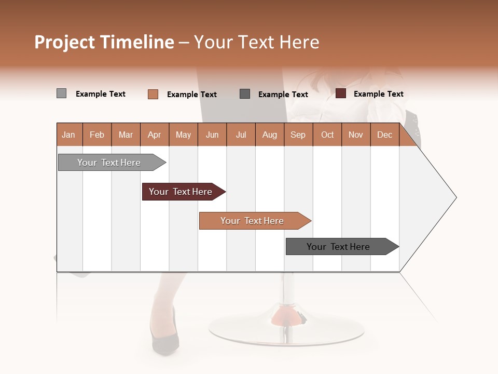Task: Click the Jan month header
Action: tap(68, 135)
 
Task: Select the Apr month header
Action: tap(154, 135)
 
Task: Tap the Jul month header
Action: tap(241, 135)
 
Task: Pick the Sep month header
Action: tap(298, 135)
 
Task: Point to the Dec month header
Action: tap(384, 135)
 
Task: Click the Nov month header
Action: tap(355, 135)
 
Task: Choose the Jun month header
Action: tap(212, 135)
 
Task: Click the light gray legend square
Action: tap(61, 94)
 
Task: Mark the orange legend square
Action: tap(153, 94)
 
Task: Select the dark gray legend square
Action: tap(245, 94)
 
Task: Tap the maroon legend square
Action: tap(341, 94)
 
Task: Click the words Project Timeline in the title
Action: tap(104, 42)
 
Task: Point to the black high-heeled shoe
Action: tap(165, 340)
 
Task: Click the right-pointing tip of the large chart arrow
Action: tap(454, 197)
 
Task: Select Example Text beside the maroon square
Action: tap(378, 94)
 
